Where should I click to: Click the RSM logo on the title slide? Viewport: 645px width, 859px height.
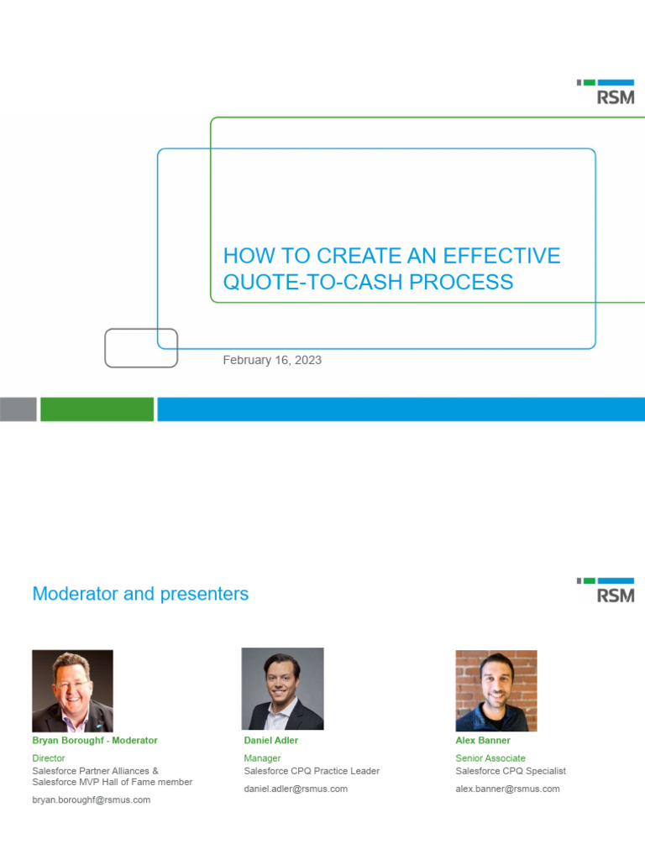[606, 92]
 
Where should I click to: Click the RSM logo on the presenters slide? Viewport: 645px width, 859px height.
[606, 591]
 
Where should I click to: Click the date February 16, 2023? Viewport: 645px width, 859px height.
[272, 360]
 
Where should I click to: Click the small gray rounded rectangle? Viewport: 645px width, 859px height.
[141, 348]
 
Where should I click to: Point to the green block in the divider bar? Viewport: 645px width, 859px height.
[97, 409]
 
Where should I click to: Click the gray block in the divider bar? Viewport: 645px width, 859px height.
[18, 409]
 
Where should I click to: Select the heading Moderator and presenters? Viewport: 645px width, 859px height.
[140, 594]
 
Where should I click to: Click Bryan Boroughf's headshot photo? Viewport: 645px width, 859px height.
[72, 690]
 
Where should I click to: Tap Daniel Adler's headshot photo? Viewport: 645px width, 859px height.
[282, 689]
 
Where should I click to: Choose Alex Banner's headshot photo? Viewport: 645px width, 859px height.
[496, 690]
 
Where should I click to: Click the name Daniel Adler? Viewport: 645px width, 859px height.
[270, 741]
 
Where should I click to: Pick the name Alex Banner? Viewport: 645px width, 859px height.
[483, 741]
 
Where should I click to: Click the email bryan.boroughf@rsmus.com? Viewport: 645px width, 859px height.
[91, 800]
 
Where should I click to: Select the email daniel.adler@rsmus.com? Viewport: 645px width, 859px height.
[296, 789]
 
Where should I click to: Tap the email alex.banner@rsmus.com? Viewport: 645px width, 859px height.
[507, 789]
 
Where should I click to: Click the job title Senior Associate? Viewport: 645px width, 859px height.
[490, 758]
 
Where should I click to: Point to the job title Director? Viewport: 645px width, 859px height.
[48, 758]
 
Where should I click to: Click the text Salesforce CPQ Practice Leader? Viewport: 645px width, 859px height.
[312, 771]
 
